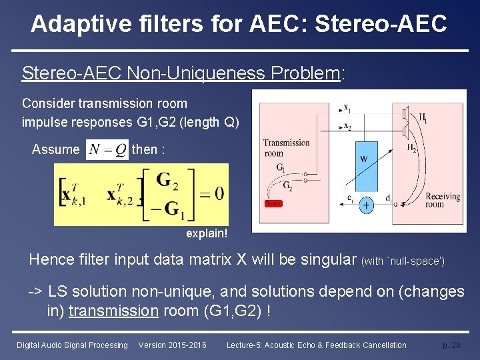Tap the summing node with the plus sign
(x=367, y=206)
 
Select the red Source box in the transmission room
(x=273, y=203)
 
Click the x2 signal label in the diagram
(x=347, y=126)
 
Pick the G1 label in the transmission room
(x=281, y=168)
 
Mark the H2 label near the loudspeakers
(x=411, y=149)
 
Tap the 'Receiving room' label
(x=442, y=200)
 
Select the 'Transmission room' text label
(x=286, y=147)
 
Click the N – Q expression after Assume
(x=107, y=150)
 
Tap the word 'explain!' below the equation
(x=207, y=234)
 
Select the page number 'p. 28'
(x=451, y=345)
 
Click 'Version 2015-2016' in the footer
(x=172, y=345)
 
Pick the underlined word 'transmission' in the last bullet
(x=109, y=310)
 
